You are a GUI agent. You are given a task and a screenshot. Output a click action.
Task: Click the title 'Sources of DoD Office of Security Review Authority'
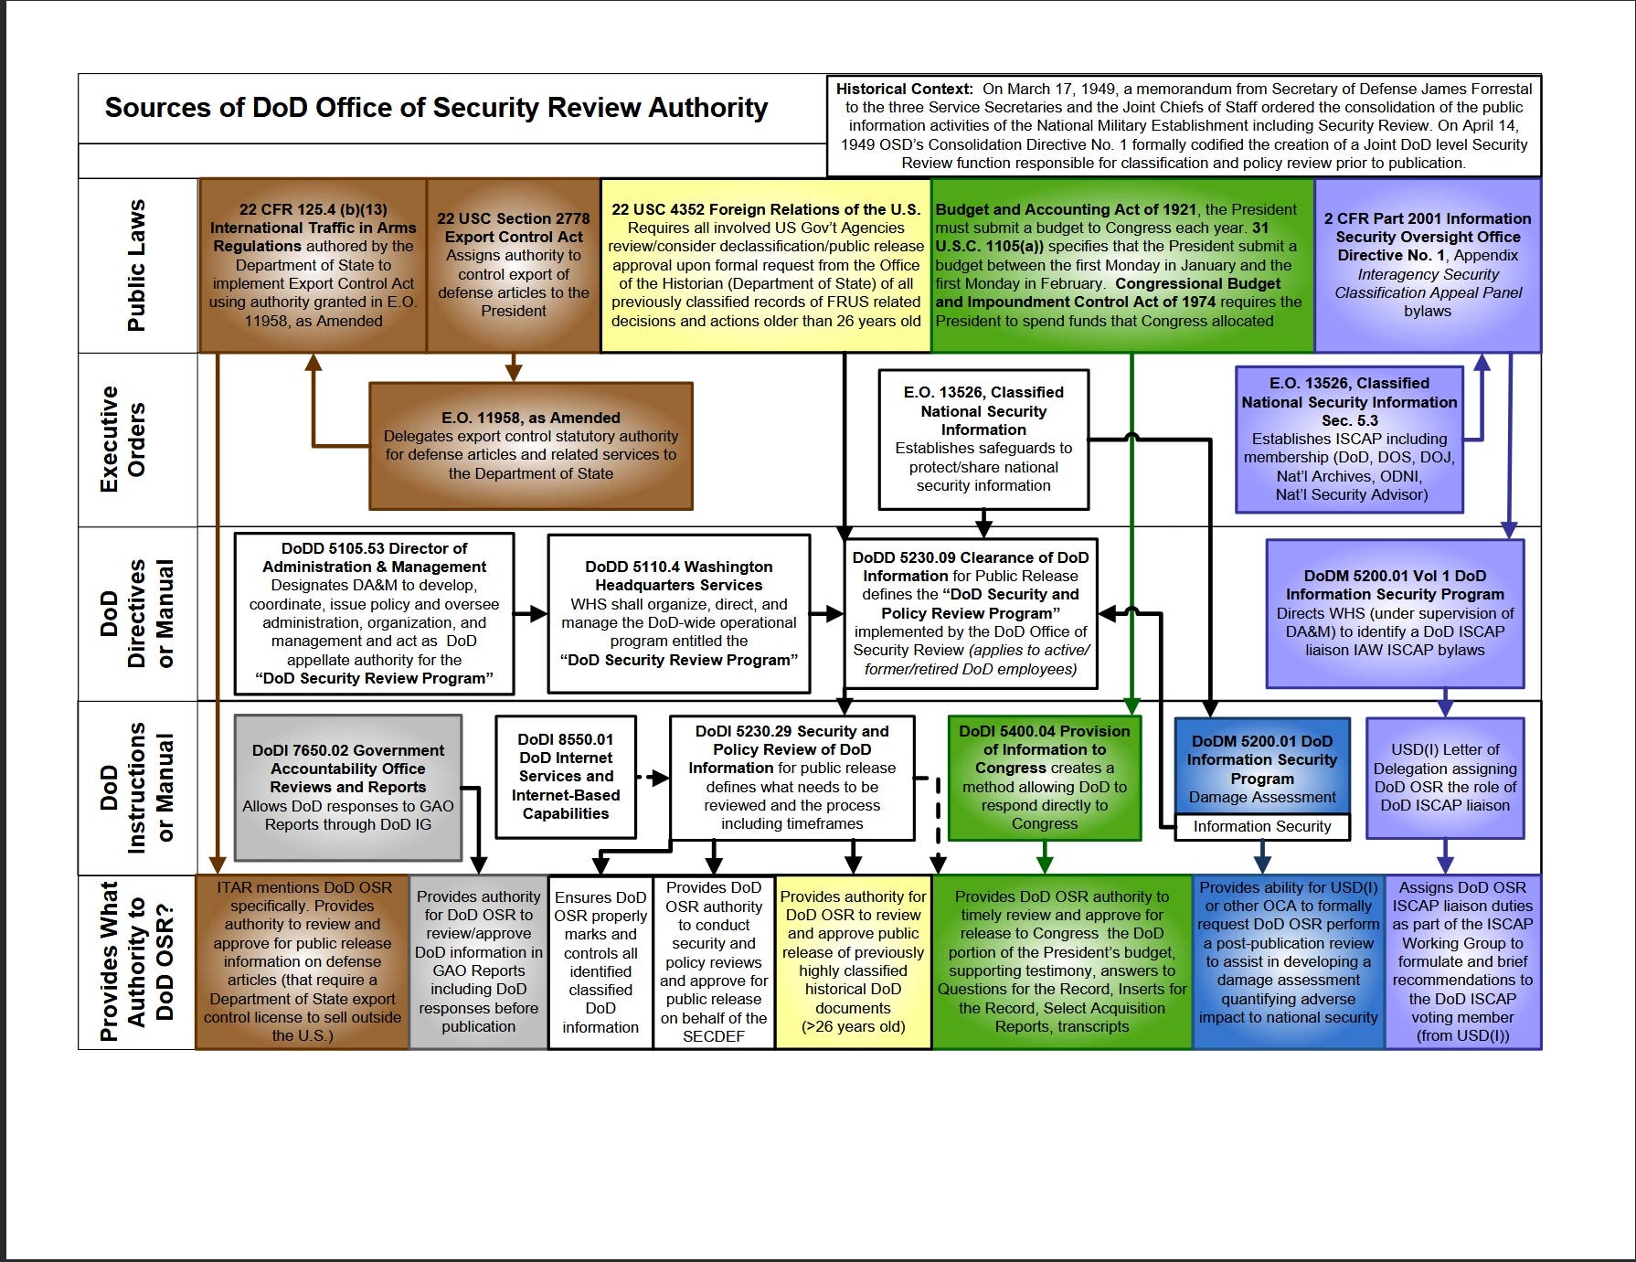click(x=436, y=108)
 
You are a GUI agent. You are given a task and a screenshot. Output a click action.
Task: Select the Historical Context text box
click(x=1184, y=125)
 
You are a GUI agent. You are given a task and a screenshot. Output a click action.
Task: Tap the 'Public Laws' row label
click(x=136, y=265)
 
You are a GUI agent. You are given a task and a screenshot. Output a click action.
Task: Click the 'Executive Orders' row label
click(x=122, y=440)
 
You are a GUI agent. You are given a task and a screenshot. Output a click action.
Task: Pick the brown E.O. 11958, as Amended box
click(x=530, y=446)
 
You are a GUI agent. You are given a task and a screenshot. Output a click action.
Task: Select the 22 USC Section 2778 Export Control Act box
click(x=514, y=265)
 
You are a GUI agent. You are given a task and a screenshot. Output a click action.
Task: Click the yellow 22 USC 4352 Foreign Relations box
click(x=765, y=265)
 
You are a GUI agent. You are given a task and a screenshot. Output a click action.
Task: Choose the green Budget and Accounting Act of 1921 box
click(x=1121, y=265)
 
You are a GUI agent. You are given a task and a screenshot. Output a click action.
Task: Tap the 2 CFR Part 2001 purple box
click(x=1427, y=265)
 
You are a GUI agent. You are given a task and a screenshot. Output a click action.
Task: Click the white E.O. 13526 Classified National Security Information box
click(x=983, y=440)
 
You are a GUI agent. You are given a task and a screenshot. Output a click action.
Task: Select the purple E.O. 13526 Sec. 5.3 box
click(x=1349, y=440)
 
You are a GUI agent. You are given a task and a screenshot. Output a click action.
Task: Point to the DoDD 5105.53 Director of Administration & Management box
click(x=374, y=613)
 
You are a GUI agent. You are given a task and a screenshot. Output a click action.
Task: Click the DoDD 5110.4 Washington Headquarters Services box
click(x=678, y=613)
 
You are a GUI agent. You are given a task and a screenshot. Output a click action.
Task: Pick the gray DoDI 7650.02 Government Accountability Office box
click(x=347, y=787)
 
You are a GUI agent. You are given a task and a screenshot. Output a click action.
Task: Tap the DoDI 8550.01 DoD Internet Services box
click(x=566, y=777)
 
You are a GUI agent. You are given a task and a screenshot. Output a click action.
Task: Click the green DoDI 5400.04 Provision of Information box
click(x=1044, y=778)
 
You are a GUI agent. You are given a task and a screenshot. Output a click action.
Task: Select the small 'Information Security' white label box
click(x=1261, y=826)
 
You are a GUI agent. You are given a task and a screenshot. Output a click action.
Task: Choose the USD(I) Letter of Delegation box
click(x=1444, y=778)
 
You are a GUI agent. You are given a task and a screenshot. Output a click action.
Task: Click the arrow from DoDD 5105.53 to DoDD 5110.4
click(x=531, y=613)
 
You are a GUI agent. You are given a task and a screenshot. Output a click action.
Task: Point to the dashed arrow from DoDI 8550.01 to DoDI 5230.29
click(x=653, y=778)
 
